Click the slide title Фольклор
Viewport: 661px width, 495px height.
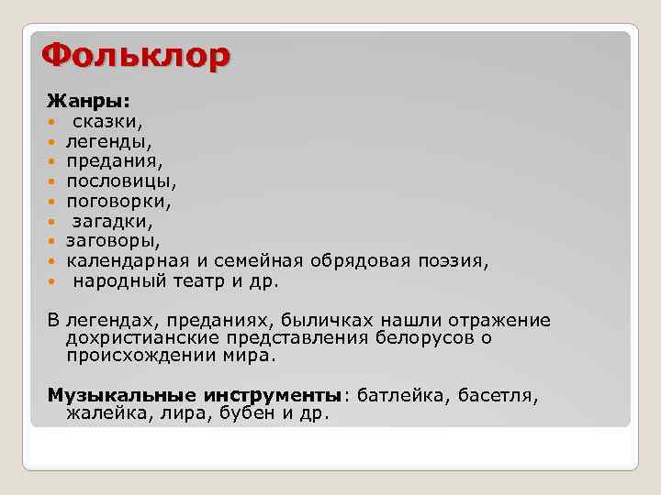(136, 58)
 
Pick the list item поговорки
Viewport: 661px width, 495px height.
(118, 201)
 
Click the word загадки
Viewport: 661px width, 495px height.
(112, 221)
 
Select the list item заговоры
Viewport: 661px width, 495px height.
(112, 241)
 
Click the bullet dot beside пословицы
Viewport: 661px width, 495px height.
(52, 181)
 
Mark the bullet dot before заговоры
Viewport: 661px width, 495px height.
(52, 242)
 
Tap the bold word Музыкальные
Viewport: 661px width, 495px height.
(121, 395)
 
